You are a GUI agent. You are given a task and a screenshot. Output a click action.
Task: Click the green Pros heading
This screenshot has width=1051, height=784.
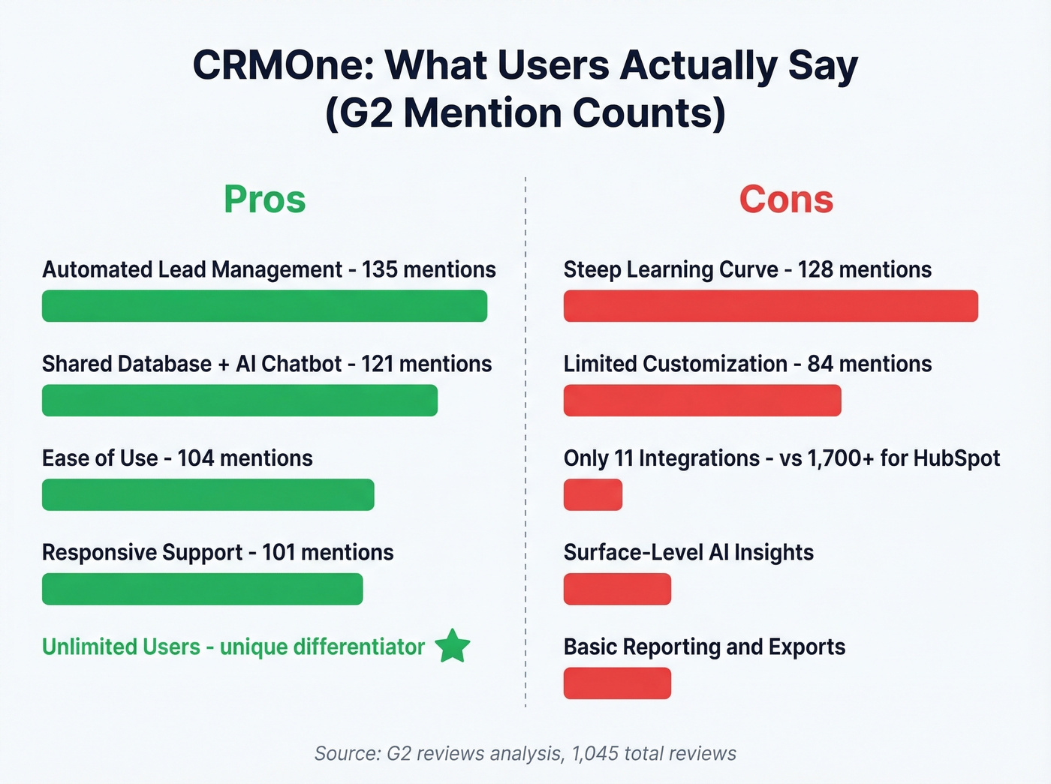pyautogui.click(x=264, y=200)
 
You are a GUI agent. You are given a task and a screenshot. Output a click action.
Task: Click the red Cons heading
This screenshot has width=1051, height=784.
pyautogui.click(x=786, y=200)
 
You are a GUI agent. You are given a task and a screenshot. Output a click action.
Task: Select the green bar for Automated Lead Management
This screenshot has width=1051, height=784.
pyautogui.click(x=264, y=306)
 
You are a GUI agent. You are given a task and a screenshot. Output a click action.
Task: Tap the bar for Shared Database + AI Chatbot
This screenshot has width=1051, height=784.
pyautogui.click(x=239, y=401)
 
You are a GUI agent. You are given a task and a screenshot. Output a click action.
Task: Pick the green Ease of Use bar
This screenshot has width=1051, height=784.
pyautogui.click(x=208, y=495)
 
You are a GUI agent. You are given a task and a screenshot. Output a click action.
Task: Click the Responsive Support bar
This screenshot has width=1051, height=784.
pyautogui.click(x=202, y=589)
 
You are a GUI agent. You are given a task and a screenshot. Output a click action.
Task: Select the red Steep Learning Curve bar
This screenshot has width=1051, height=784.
pyautogui.click(x=770, y=306)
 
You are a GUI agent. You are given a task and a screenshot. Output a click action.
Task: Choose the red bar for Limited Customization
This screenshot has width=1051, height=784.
pyautogui.click(x=702, y=401)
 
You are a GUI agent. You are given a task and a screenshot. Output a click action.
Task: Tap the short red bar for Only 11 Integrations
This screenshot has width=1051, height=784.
pyautogui.click(x=592, y=495)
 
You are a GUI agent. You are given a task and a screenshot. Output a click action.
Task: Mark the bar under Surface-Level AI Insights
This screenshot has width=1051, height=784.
pyautogui.click(x=617, y=589)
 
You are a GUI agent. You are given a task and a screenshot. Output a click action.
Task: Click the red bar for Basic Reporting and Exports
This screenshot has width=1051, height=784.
pyautogui.click(x=617, y=683)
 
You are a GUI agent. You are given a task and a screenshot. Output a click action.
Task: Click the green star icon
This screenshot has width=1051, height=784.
pyautogui.click(x=453, y=646)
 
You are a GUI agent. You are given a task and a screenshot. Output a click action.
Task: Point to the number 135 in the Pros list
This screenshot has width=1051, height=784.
pyautogui.click(x=380, y=269)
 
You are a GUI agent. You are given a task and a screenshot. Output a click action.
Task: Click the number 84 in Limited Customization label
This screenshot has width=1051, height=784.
pyautogui.click(x=820, y=364)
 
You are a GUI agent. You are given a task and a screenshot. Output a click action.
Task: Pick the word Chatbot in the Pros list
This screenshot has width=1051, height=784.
pyautogui.click(x=302, y=364)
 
